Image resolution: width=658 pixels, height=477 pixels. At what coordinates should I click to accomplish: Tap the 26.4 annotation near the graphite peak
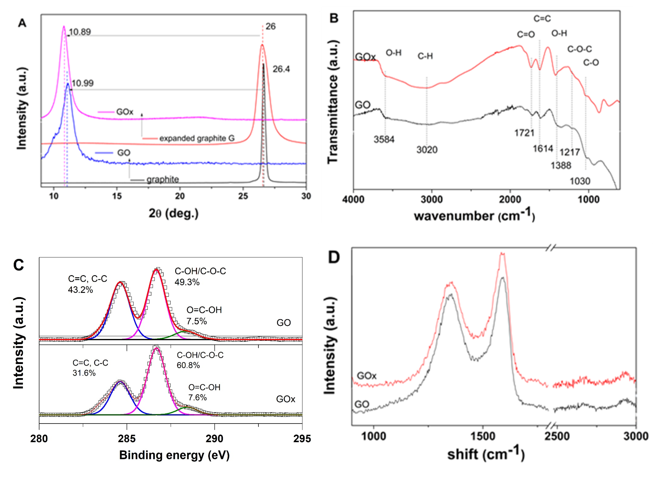coord(281,69)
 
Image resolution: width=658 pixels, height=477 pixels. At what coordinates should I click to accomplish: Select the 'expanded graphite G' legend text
coord(197,138)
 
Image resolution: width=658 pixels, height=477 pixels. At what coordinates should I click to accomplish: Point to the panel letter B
coord(334,19)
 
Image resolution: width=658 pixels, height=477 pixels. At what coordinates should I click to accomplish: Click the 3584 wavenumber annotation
coord(384,139)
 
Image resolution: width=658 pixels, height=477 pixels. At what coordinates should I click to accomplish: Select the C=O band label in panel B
coord(526,34)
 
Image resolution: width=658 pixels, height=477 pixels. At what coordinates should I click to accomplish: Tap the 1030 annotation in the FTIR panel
coord(580,181)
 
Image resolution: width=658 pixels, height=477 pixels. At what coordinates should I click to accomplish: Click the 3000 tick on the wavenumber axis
coord(432,200)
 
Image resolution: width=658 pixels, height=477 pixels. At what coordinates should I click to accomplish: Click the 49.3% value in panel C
coord(187,282)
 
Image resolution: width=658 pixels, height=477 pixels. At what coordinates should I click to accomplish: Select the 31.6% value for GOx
coord(84,373)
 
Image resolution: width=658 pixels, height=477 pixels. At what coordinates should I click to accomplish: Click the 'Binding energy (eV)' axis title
coord(174,455)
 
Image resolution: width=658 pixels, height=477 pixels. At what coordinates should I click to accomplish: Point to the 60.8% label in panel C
coord(188,365)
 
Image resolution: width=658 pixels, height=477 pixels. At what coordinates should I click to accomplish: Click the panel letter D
coord(334,257)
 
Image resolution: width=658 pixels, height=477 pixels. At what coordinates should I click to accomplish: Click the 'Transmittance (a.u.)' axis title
coord(333,101)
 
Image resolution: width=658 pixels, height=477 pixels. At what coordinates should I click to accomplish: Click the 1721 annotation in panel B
coord(524,133)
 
